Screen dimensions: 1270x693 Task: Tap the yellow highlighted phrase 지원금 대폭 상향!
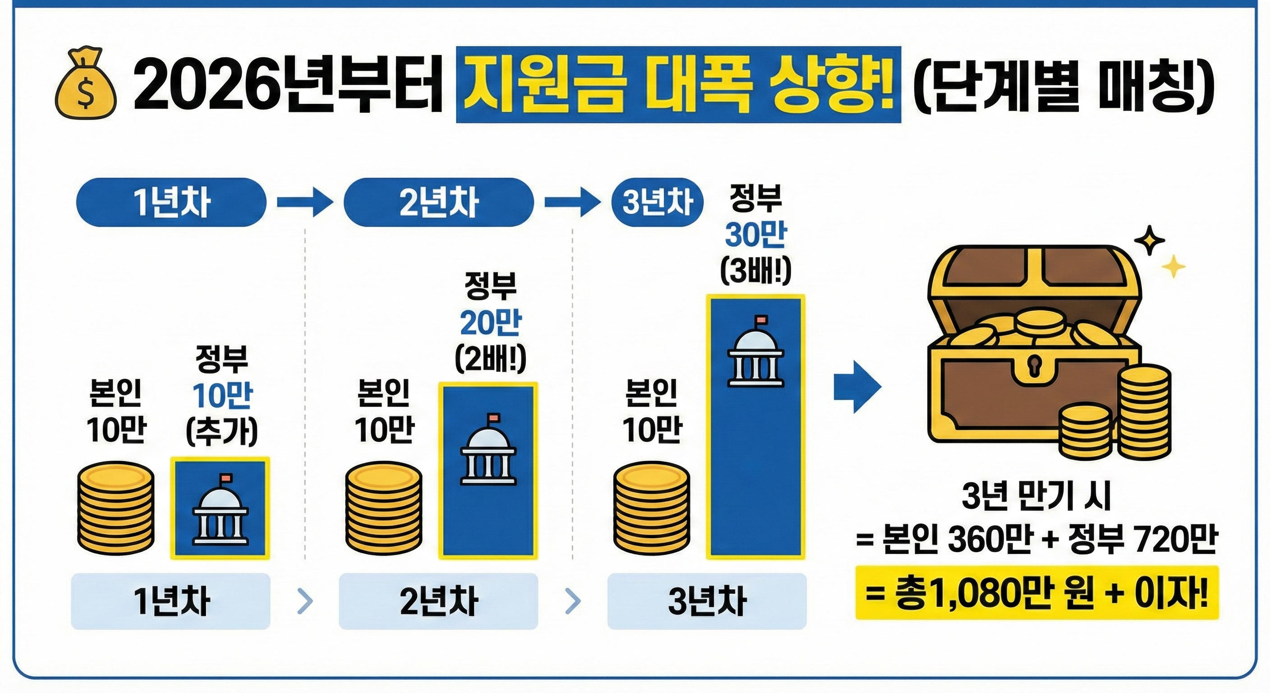[678, 84]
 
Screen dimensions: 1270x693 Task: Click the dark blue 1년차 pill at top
[171, 202]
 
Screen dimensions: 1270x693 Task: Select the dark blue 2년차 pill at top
[438, 202]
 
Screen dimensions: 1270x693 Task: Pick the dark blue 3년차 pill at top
[657, 202]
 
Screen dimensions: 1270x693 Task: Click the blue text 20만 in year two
[490, 323]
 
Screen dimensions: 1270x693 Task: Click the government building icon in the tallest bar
[756, 353]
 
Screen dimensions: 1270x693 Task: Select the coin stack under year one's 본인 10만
[116, 508]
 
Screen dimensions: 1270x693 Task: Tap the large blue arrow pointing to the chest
[857, 386]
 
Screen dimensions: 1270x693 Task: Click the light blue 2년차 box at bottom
[438, 601]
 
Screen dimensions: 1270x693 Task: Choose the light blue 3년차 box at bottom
[707, 601]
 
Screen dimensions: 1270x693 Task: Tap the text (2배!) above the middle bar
[490, 360]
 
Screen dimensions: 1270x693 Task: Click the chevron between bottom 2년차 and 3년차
[573, 601]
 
